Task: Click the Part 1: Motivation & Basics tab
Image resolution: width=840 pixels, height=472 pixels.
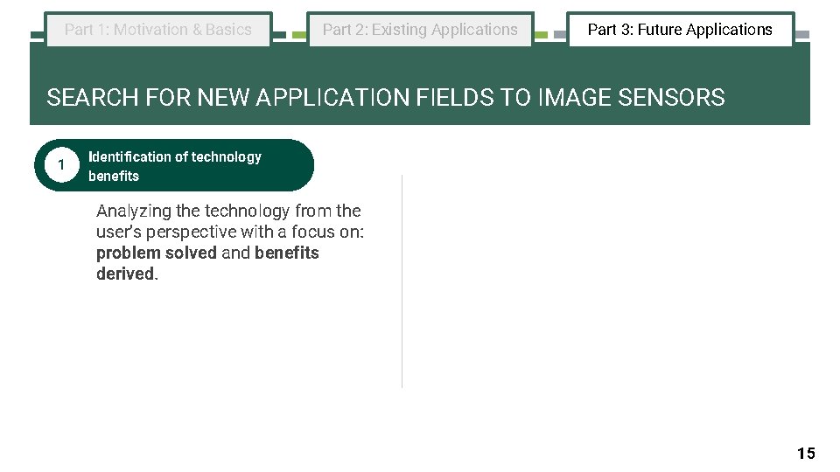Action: [x=158, y=30]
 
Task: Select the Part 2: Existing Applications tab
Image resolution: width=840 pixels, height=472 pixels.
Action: [x=420, y=30]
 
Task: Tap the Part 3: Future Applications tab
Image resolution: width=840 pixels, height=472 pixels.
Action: [x=680, y=30]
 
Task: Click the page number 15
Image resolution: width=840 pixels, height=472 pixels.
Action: [x=806, y=453]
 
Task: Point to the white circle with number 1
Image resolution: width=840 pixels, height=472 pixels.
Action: [x=59, y=165]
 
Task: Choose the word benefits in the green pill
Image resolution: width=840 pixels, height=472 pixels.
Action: [x=114, y=176]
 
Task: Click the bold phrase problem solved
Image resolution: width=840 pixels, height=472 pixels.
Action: [x=156, y=253]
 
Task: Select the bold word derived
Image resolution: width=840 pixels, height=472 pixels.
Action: [x=126, y=274]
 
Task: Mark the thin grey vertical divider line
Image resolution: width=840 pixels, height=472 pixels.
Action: [x=402, y=280]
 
